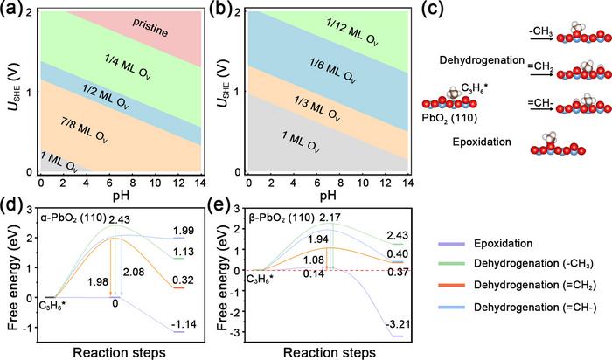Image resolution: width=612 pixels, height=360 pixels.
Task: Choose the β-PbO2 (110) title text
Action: click(290, 205)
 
